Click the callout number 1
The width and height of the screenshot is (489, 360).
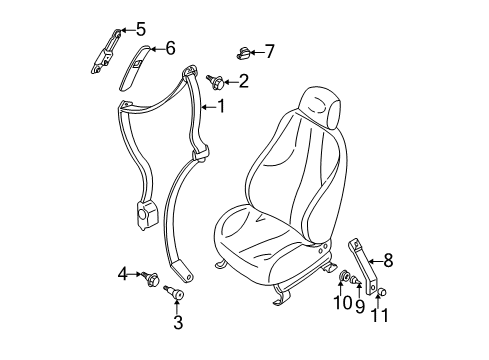pyautogui.click(x=223, y=106)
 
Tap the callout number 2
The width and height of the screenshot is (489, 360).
pyautogui.click(x=243, y=81)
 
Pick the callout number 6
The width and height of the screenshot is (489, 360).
pyautogui.click(x=170, y=47)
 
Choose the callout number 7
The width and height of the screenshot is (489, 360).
pyautogui.click(x=268, y=50)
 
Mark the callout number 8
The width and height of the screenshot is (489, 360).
pyautogui.click(x=388, y=261)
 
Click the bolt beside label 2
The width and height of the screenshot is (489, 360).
pyautogui.click(x=215, y=79)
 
